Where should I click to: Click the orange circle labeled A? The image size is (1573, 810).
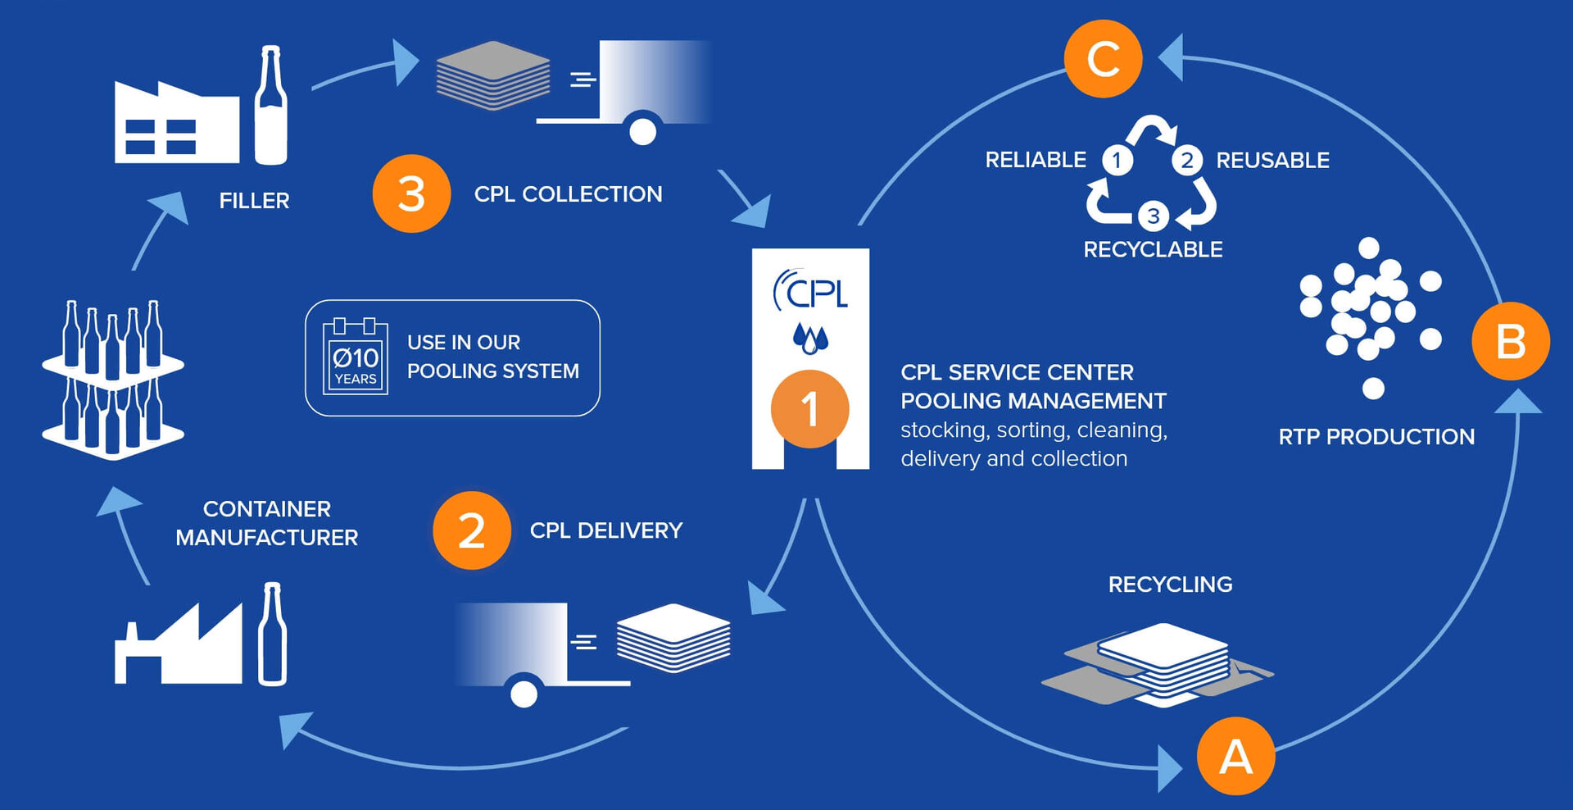(1235, 756)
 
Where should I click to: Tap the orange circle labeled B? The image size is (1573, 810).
(1510, 341)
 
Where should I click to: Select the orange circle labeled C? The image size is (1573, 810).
(1103, 59)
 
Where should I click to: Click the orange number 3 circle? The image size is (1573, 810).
(411, 194)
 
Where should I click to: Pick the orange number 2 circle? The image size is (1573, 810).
(472, 530)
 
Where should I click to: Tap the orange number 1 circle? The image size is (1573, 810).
(809, 408)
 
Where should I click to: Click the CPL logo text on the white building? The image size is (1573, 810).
(811, 291)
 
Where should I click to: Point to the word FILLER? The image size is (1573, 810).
(254, 201)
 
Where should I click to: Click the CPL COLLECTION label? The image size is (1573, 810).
(568, 194)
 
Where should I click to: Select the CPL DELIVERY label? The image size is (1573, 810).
(605, 530)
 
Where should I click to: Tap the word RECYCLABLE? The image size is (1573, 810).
(1153, 249)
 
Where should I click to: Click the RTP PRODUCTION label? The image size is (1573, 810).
(1376, 437)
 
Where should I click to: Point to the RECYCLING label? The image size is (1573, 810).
(1170, 585)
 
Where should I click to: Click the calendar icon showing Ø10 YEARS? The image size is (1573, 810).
(356, 357)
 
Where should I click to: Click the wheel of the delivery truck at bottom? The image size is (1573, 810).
(524, 694)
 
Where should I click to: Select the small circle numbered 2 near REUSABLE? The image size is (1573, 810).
(1186, 160)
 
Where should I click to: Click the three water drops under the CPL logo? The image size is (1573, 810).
(810, 338)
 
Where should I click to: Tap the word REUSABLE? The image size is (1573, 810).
(1272, 161)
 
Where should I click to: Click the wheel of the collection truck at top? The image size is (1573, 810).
(642, 131)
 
